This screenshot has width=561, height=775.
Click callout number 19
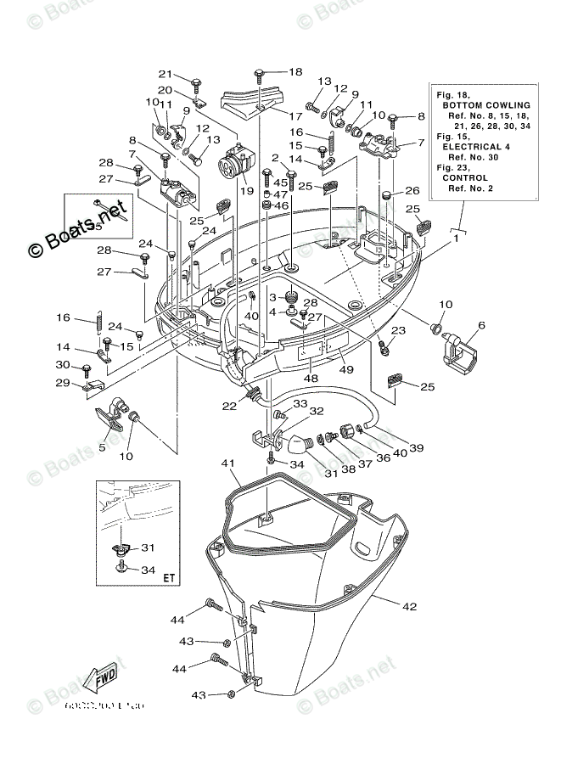(246, 190)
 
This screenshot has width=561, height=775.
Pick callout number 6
(481, 324)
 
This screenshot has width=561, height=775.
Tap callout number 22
(229, 407)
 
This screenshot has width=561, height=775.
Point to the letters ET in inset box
(169, 578)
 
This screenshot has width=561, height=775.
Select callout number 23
(397, 330)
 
